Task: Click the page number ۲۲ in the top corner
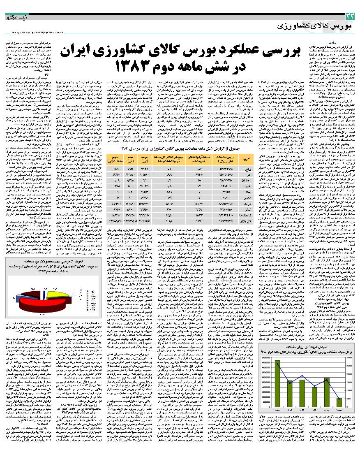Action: pos(350,16)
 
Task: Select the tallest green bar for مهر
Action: pos(277,383)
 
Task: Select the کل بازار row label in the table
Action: pos(245,221)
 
